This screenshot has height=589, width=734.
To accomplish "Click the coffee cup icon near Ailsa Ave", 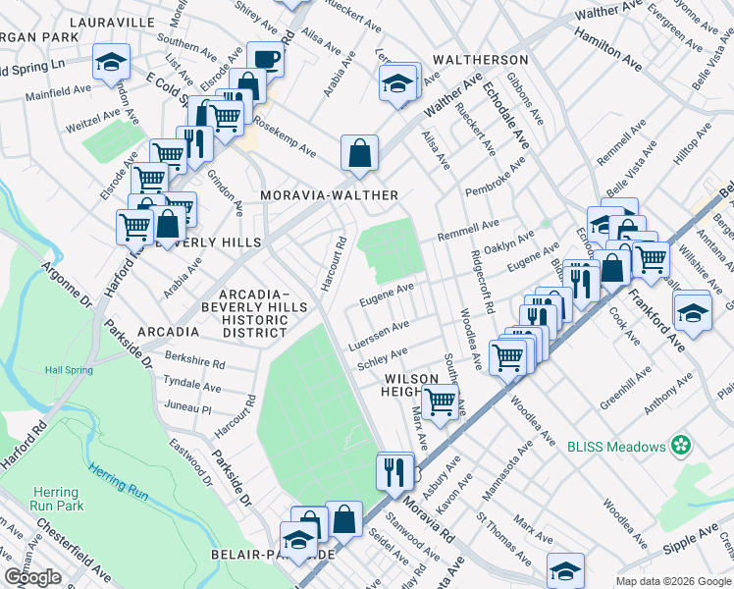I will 265,59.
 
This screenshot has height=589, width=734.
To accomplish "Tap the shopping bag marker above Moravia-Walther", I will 360,151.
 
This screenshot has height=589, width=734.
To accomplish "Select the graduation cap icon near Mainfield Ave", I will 111,61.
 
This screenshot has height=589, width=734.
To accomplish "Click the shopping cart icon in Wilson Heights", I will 441,400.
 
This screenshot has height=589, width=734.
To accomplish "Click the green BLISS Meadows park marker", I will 681,447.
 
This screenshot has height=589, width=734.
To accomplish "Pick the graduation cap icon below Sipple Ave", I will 566,570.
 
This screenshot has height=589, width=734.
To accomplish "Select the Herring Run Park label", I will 56,499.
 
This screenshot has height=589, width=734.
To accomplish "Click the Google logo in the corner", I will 32,577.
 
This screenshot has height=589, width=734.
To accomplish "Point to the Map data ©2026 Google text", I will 673,581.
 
